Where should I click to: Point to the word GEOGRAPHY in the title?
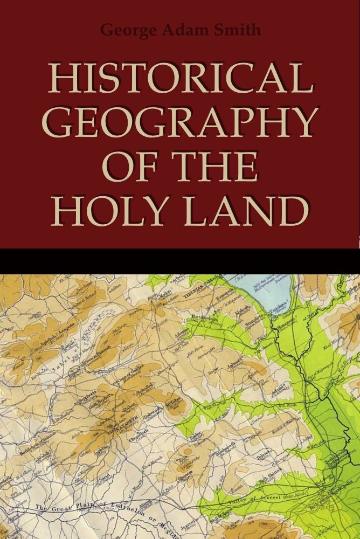point(180,122)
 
